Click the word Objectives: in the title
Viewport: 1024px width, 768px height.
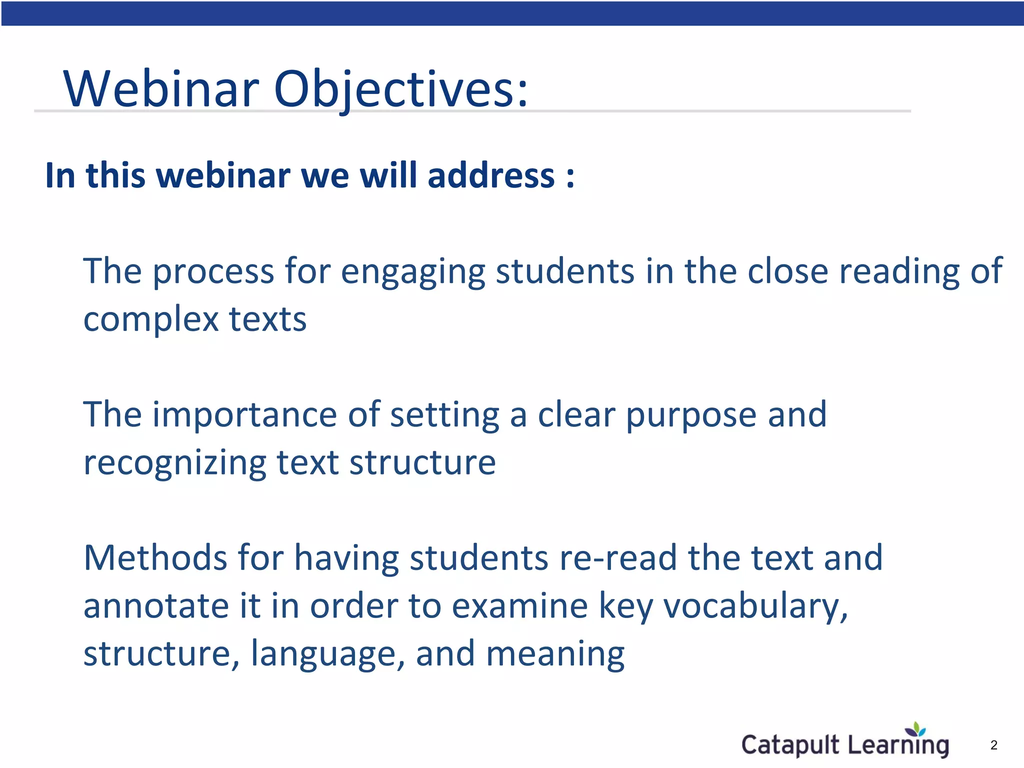[x=400, y=89]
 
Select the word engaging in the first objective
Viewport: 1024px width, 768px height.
[x=413, y=271]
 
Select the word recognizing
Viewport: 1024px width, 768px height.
[x=174, y=463]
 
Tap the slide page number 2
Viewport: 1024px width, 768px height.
[x=993, y=745]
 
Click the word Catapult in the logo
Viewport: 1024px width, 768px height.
[x=790, y=745]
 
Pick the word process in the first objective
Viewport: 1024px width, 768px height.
[x=213, y=271]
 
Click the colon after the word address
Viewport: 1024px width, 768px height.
[x=570, y=177]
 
